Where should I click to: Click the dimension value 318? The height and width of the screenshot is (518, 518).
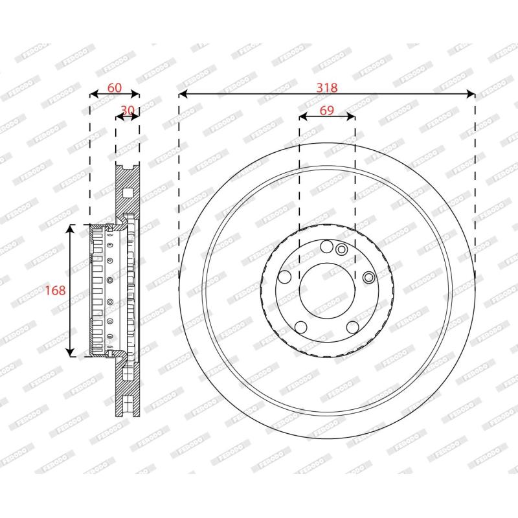pyautogui.click(x=327, y=87)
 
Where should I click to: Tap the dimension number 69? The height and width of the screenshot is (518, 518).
pyautogui.click(x=327, y=110)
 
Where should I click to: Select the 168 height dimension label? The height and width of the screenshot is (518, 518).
pyautogui.click(x=55, y=290)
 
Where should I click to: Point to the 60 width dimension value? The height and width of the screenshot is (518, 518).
pyautogui.click(x=115, y=87)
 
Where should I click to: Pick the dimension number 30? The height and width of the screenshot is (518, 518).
pyautogui.click(x=128, y=109)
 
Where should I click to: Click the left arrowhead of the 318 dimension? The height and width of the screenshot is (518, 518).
pyautogui.click(x=183, y=94)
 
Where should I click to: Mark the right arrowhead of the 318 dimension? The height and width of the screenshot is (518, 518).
pyautogui.click(x=471, y=94)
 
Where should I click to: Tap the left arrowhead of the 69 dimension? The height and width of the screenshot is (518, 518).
pyautogui.click(x=303, y=117)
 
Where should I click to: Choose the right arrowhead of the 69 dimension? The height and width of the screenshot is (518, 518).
pyautogui.click(x=351, y=117)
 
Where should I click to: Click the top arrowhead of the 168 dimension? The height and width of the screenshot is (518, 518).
pyautogui.click(x=70, y=229)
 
